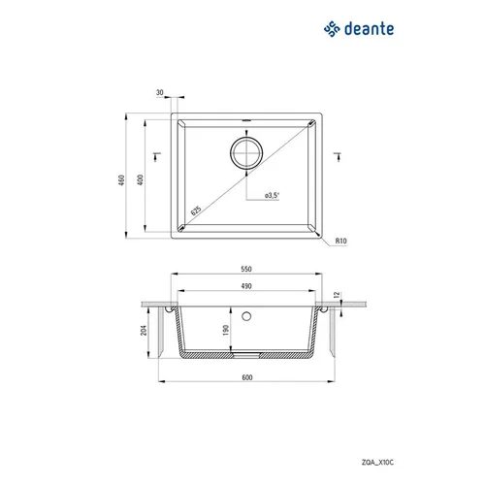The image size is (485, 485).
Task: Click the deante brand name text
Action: coord(370,29)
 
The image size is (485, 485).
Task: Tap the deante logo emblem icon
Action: coord(332,29)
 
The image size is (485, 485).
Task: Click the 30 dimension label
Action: coord(160,92)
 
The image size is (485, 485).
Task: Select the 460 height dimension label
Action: coord(121,180)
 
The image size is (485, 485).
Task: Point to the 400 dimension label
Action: coord(141,179)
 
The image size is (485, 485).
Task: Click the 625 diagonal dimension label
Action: coord(196,210)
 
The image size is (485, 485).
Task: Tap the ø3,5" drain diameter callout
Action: coord(272,195)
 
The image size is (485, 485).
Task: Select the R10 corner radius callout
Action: coord(340,241)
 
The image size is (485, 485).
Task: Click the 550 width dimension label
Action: coord(246,269)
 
